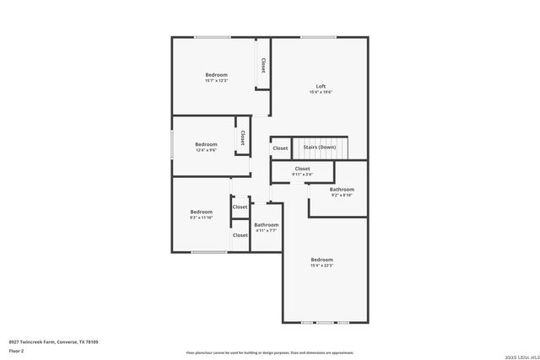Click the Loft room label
[x=321, y=86]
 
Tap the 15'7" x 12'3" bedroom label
[x=216, y=75]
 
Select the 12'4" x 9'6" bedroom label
[x=206, y=144]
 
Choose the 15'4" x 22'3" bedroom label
[x=321, y=260]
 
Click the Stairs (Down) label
[x=320, y=148]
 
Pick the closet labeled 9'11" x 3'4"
[x=302, y=171]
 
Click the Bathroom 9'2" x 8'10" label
[x=342, y=192]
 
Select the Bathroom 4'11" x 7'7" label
[x=267, y=227]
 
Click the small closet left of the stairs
[x=280, y=148]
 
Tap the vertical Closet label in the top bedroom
[x=263, y=65]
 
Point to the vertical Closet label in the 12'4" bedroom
[x=242, y=137]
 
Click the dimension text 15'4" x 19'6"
[x=321, y=92]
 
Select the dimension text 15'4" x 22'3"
[x=321, y=266]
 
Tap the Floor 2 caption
[x=16, y=350]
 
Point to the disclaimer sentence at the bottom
[x=270, y=352]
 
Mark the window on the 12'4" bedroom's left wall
[x=173, y=145]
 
